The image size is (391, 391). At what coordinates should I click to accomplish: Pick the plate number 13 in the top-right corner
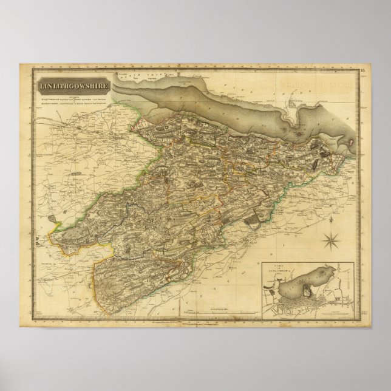click(x=364, y=72)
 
